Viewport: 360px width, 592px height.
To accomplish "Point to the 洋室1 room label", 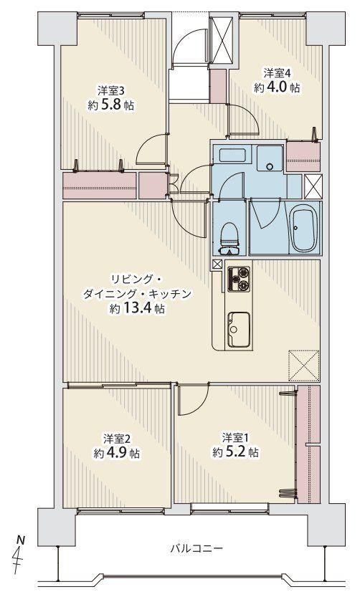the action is coord(235,438).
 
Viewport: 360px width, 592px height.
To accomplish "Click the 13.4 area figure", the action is coord(137,309).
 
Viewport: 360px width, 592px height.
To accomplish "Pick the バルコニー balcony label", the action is coord(196,548).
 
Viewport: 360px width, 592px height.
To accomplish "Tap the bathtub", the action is coord(305,230).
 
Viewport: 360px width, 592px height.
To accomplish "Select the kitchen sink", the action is coord(238,329).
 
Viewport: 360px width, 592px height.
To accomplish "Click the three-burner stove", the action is coord(239,279).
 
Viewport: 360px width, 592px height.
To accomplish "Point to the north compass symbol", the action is coord(19,555).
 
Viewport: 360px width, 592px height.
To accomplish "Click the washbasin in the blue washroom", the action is coord(270,159).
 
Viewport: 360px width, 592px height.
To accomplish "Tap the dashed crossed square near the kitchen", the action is coord(304,366).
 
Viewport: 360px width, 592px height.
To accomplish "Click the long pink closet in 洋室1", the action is coord(308,444).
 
